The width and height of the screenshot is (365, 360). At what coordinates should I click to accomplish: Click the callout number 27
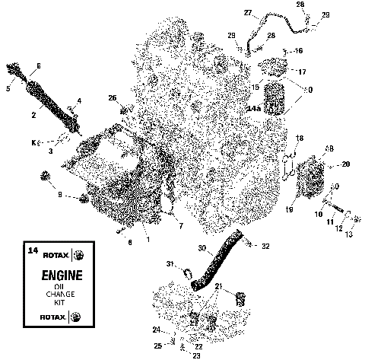pyautogui.click(x=248, y=13)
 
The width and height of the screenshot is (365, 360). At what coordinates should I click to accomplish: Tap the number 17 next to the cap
pyautogui.click(x=302, y=72)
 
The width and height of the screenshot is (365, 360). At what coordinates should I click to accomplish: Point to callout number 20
pyautogui.click(x=346, y=164)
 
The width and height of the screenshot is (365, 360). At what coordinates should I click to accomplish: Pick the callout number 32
pyautogui.click(x=265, y=246)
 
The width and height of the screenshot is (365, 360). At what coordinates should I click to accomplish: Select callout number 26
pyautogui.click(x=112, y=97)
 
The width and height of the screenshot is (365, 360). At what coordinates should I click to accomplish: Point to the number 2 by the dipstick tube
pyautogui.click(x=33, y=116)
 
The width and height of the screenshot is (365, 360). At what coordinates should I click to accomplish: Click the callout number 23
pyautogui.click(x=176, y=355)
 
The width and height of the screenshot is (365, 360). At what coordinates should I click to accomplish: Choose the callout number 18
pyautogui.click(x=300, y=138)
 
